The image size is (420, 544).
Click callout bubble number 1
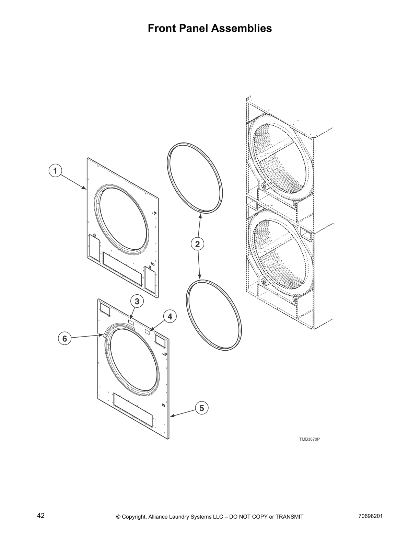(55, 170)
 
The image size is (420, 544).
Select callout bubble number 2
(197, 244)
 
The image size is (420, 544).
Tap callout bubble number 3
(137, 302)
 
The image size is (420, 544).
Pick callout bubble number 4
(170, 316)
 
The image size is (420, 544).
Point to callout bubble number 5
(202, 408)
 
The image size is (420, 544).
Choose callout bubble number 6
(65, 339)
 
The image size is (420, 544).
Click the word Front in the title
(161, 28)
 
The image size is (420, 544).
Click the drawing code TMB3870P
(309, 439)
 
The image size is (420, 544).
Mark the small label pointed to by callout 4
(148, 331)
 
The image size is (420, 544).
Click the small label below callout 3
(131, 321)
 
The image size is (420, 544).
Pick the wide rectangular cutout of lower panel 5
(132, 410)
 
